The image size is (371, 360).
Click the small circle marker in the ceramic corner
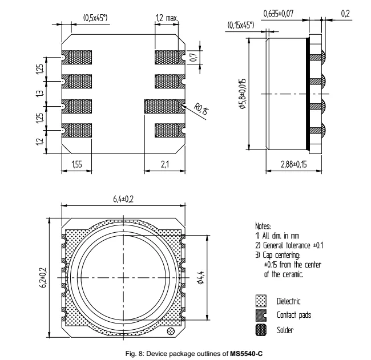point(170,332)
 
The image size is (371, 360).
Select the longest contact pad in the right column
point(164,106)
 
